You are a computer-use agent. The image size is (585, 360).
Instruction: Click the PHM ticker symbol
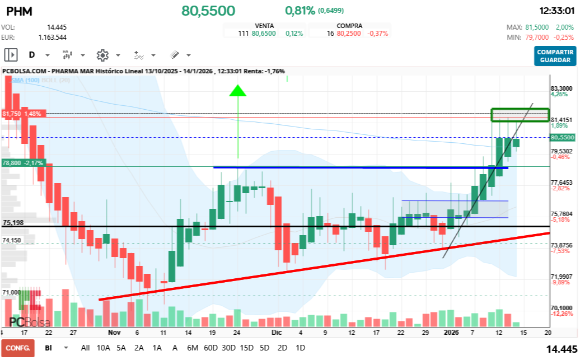click(x=19, y=11)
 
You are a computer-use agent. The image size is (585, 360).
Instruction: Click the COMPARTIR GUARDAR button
click(x=555, y=55)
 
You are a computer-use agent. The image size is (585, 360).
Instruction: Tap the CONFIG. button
click(x=17, y=348)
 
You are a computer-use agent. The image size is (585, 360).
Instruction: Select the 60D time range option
click(x=210, y=348)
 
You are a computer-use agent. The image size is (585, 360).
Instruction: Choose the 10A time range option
click(x=104, y=348)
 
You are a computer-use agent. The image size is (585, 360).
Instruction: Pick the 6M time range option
click(x=192, y=348)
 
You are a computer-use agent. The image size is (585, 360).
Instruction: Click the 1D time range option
click(x=300, y=348)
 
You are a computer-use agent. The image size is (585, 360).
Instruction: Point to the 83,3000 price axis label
click(x=561, y=88)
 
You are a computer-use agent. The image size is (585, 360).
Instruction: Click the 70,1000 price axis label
click(x=561, y=308)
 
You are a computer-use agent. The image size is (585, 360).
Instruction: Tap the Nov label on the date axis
click(x=114, y=332)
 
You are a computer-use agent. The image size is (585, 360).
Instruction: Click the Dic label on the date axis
click(x=277, y=332)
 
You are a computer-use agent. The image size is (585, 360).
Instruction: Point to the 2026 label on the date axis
click(x=451, y=332)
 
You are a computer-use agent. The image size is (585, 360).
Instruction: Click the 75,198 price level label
click(x=13, y=223)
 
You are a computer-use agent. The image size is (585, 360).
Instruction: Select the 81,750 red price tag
click(x=22, y=114)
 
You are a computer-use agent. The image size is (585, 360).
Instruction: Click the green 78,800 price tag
click(x=22, y=163)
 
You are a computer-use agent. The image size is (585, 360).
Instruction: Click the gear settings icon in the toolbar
click(x=102, y=55)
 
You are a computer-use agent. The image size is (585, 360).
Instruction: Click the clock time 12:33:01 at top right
click(x=556, y=11)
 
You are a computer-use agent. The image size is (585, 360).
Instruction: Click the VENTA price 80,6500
click(x=264, y=34)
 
